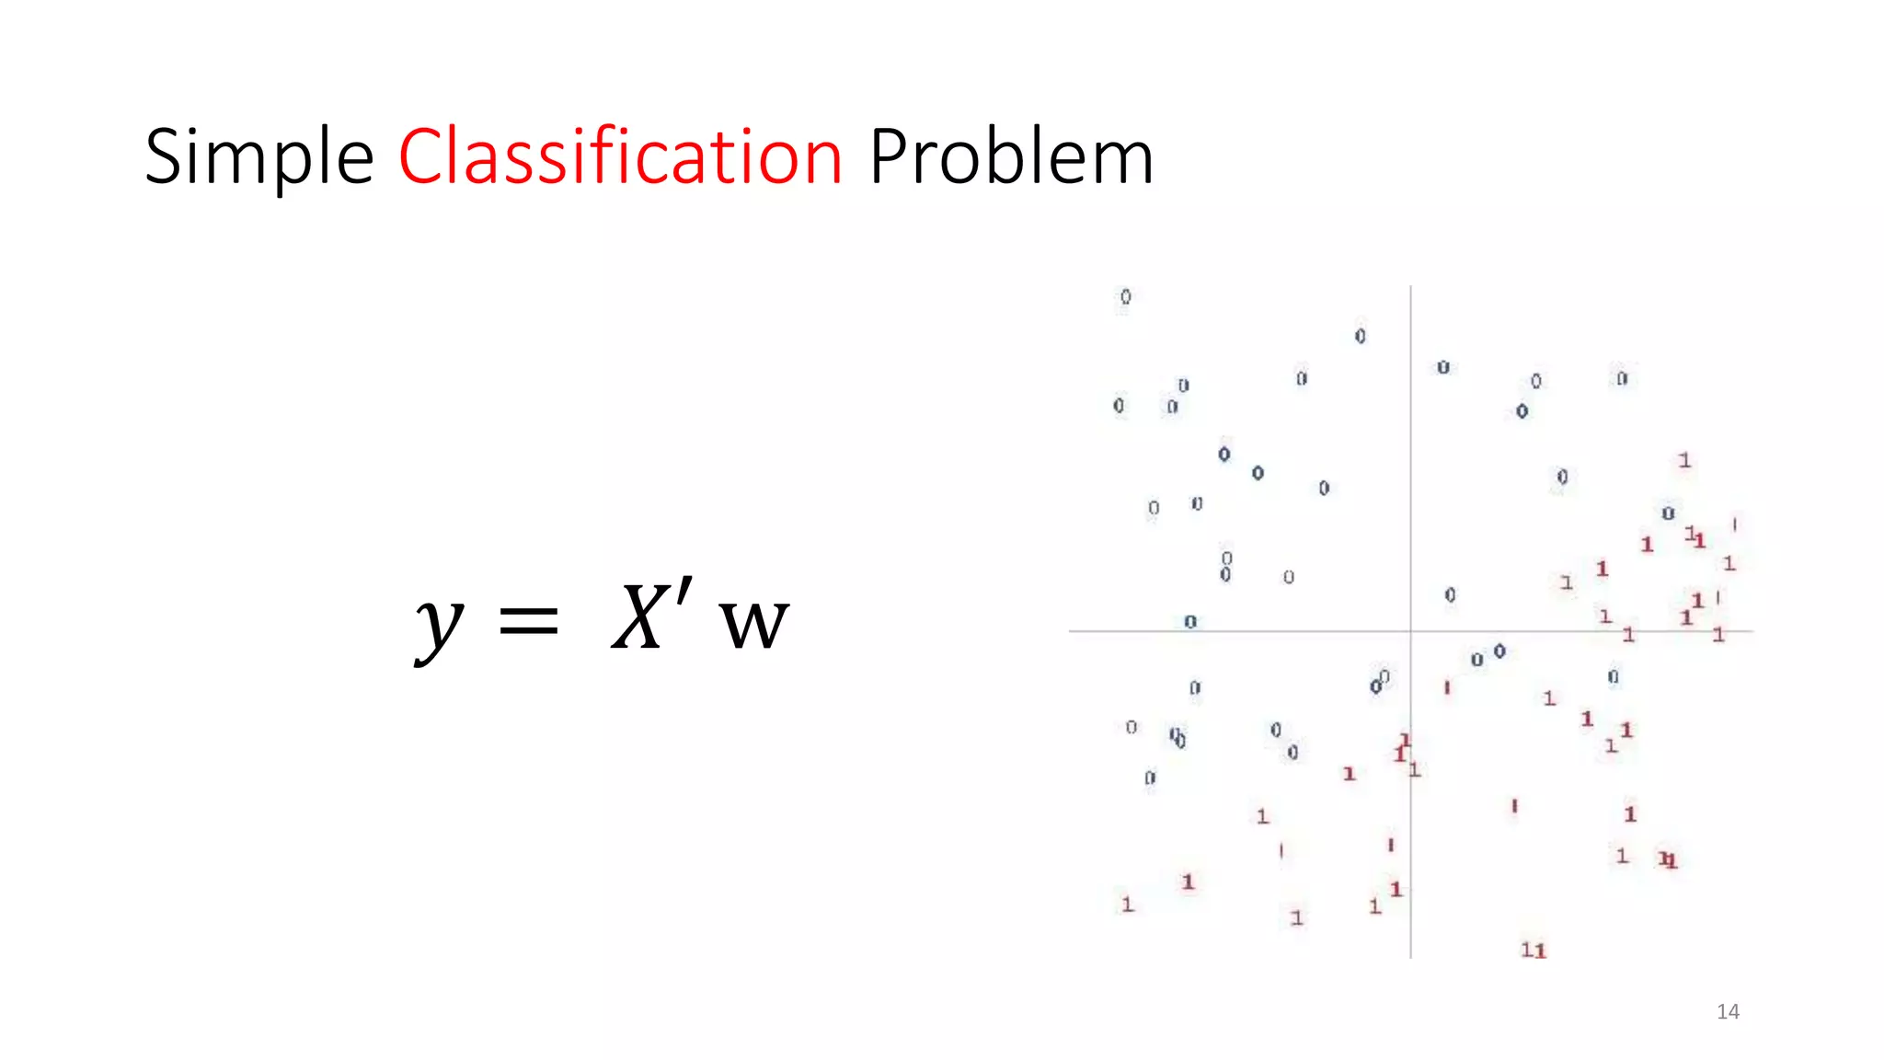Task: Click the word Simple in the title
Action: pyautogui.click(x=258, y=158)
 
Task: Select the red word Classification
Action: pyautogui.click(x=620, y=156)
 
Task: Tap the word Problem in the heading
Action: pyautogui.click(x=1010, y=158)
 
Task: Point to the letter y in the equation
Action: pyautogui.click(x=439, y=626)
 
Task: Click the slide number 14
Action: pyautogui.click(x=1728, y=1012)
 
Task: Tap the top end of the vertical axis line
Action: pyautogui.click(x=1410, y=287)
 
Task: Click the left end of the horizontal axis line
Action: pyautogui.click(x=1071, y=631)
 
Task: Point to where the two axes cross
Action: pyautogui.click(x=1410, y=631)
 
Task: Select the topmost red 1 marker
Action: pyautogui.click(x=1684, y=460)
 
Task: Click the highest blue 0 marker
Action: pyautogui.click(x=1125, y=296)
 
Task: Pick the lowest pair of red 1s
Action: pyautogui.click(x=1534, y=950)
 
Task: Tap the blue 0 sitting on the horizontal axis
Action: pyautogui.click(x=1190, y=622)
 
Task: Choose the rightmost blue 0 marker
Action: pyautogui.click(x=1668, y=513)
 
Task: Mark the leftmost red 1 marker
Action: pyautogui.click(x=1127, y=904)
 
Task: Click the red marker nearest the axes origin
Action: pyautogui.click(x=1447, y=687)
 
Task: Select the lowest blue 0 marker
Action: pyautogui.click(x=1150, y=778)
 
